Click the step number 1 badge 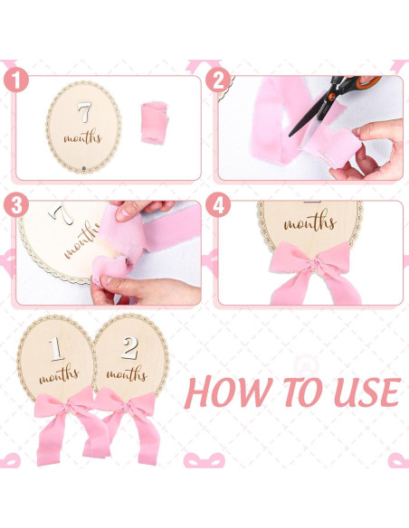pyautogui.click(x=14, y=80)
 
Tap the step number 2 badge pyautogui.click(x=216, y=80)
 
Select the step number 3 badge pyautogui.click(x=14, y=205)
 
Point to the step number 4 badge pyautogui.click(x=216, y=205)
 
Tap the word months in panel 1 pyautogui.click(x=84, y=140)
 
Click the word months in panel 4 pyautogui.click(x=310, y=222)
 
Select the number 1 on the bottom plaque pyautogui.click(x=55, y=348)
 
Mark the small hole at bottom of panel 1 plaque pyautogui.click(x=83, y=169)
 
